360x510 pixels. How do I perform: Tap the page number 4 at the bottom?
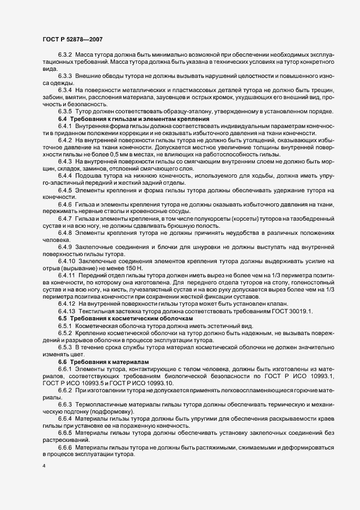pos(44,466)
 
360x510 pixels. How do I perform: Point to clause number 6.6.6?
pos(65,446)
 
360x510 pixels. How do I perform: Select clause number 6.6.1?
pos(65,368)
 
